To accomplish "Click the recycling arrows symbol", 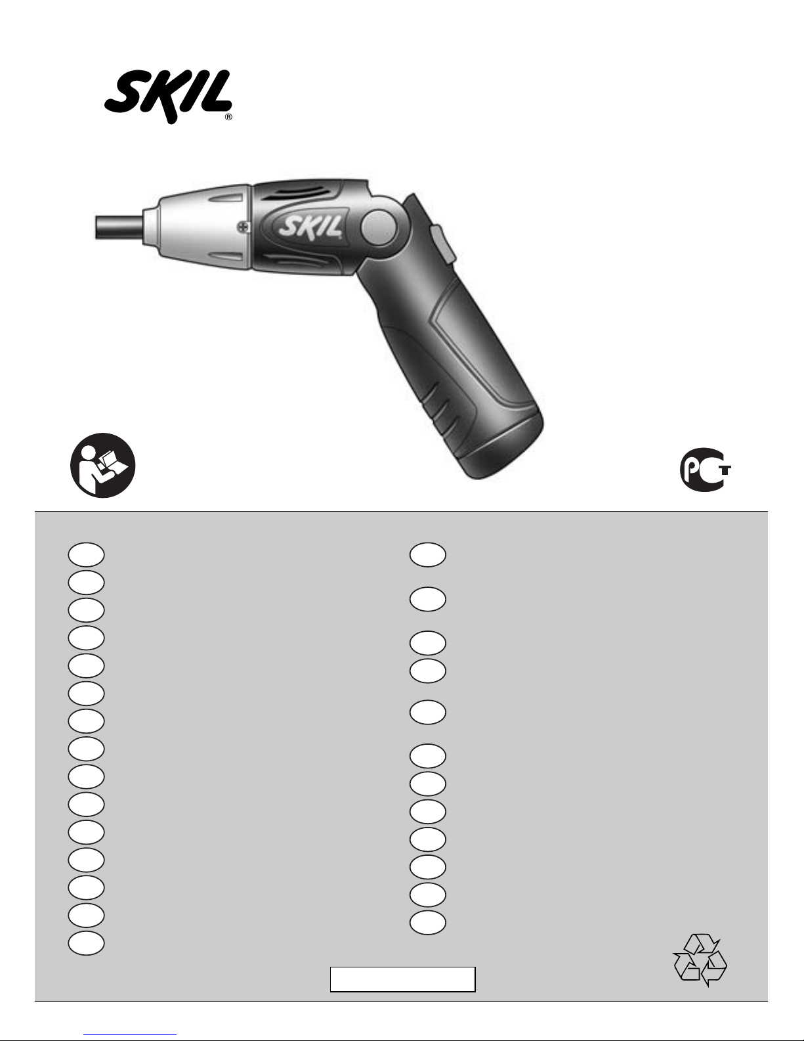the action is coord(700,960).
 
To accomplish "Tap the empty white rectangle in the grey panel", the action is coord(402,979).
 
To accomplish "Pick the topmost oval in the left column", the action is coord(85,554).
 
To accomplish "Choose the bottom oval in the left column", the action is coord(85,942).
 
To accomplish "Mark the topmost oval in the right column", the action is coord(427,554).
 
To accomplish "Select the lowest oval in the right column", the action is coord(427,922).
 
